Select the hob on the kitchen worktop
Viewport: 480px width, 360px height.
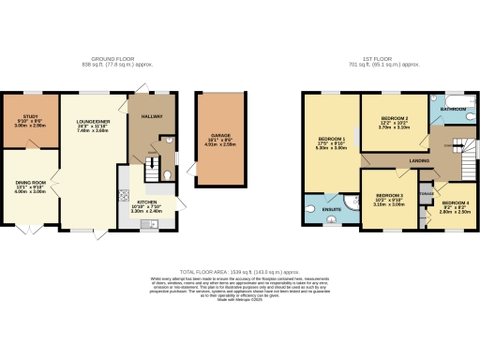click(x=124, y=195)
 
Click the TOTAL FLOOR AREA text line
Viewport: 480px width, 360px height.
click(x=240, y=270)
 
